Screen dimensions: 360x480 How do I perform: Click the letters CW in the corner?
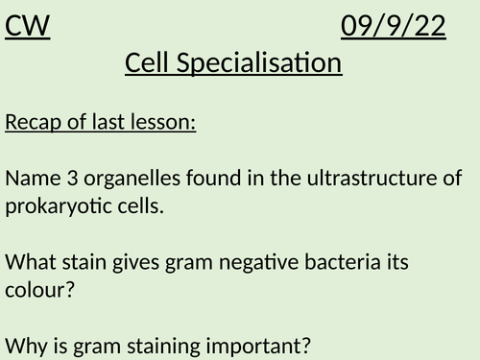point(27,28)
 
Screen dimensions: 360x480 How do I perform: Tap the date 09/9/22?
point(393,28)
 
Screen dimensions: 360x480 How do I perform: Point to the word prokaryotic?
point(54,204)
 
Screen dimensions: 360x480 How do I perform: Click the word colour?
point(39,286)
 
